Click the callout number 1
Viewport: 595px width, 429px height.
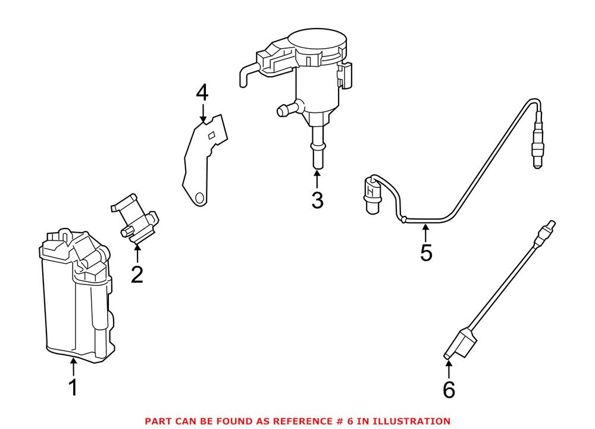tap(73, 388)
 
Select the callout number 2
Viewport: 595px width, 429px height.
tap(137, 274)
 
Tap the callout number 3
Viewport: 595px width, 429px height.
tap(317, 200)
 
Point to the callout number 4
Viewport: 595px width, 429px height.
tap(203, 93)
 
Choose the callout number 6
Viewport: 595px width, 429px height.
tap(449, 390)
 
